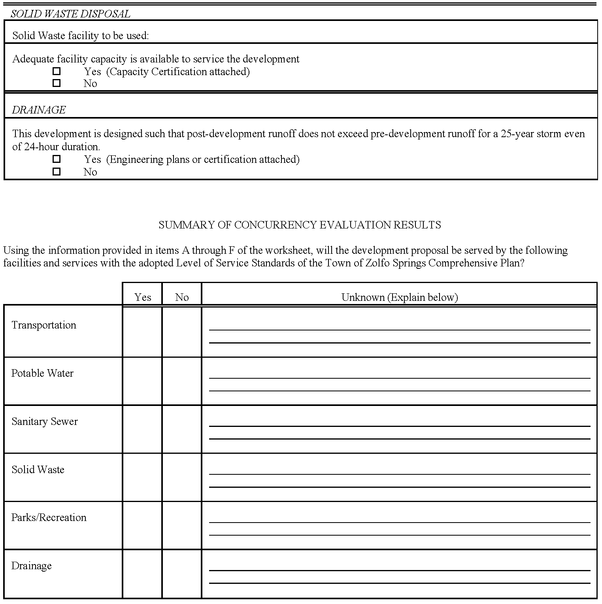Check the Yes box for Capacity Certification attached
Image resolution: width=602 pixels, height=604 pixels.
pos(57,72)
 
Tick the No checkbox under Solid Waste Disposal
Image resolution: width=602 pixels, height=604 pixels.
pos(57,83)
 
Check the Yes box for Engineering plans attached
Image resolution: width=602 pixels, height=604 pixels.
pos(57,159)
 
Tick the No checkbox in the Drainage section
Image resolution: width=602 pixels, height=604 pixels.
pos(57,172)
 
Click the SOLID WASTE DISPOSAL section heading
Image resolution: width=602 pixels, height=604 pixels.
pos(70,14)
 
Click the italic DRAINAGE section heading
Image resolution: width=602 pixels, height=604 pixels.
pos(39,110)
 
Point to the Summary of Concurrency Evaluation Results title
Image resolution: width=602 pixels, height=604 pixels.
pos(300,225)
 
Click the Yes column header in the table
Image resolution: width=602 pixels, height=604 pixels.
pos(143,297)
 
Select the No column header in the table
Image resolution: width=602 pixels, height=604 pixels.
pos(182,297)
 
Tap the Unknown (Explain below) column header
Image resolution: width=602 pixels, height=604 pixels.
pos(399,297)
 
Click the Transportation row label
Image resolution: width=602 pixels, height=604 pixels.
pos(44,325)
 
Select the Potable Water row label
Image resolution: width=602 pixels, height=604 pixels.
pos(42,373)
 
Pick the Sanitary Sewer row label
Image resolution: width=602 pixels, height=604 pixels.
pos(45,421)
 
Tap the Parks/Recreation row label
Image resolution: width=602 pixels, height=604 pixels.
pos(49,517)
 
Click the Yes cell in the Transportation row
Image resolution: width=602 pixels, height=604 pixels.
pos(142,331)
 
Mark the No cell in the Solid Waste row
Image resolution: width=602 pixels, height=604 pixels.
pos(182,477)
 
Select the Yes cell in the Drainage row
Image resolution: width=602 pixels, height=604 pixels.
pos(142,574)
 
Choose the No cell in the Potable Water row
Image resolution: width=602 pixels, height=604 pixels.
pos(182,381)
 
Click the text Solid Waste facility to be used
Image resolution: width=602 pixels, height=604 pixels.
pos(81,36)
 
